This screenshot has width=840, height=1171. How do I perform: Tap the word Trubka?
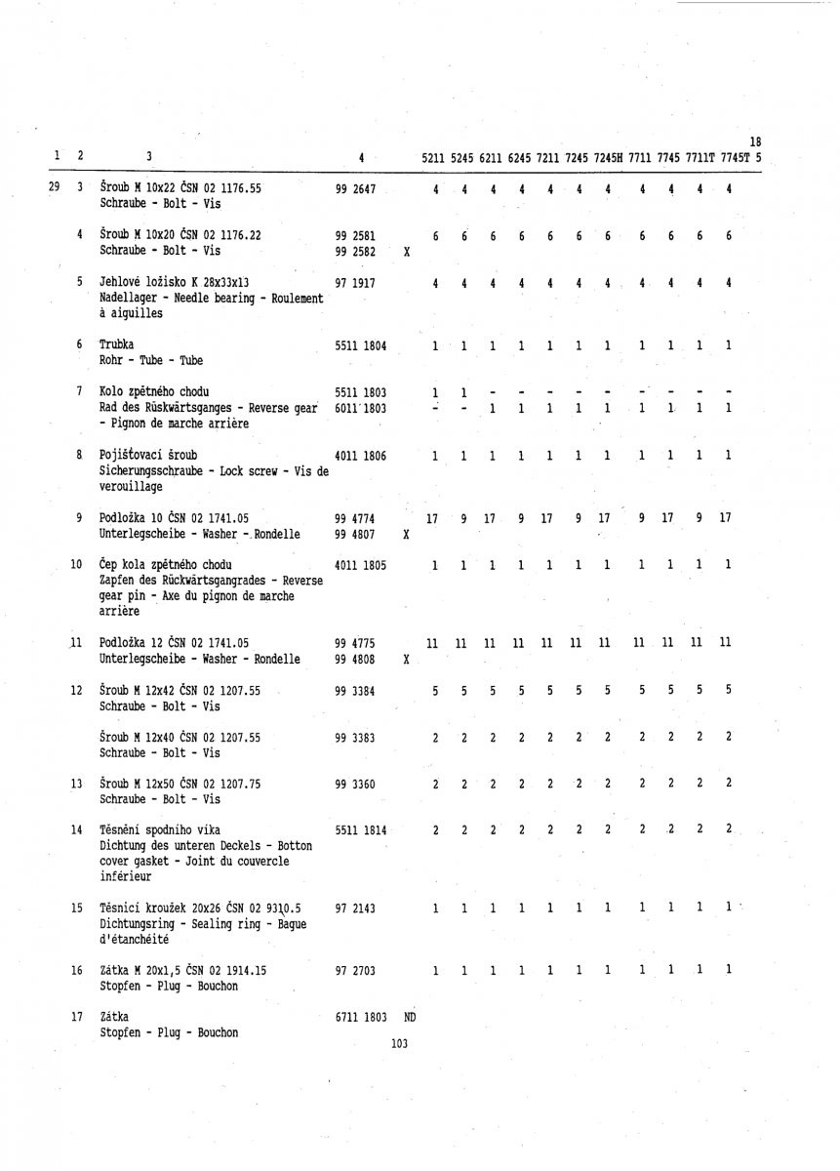click(117, 344)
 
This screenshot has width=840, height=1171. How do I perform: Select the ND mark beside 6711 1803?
click(411, 1017)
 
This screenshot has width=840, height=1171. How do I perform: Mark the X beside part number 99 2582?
click(406, 251)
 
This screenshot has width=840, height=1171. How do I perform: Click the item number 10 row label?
click(76, 564)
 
